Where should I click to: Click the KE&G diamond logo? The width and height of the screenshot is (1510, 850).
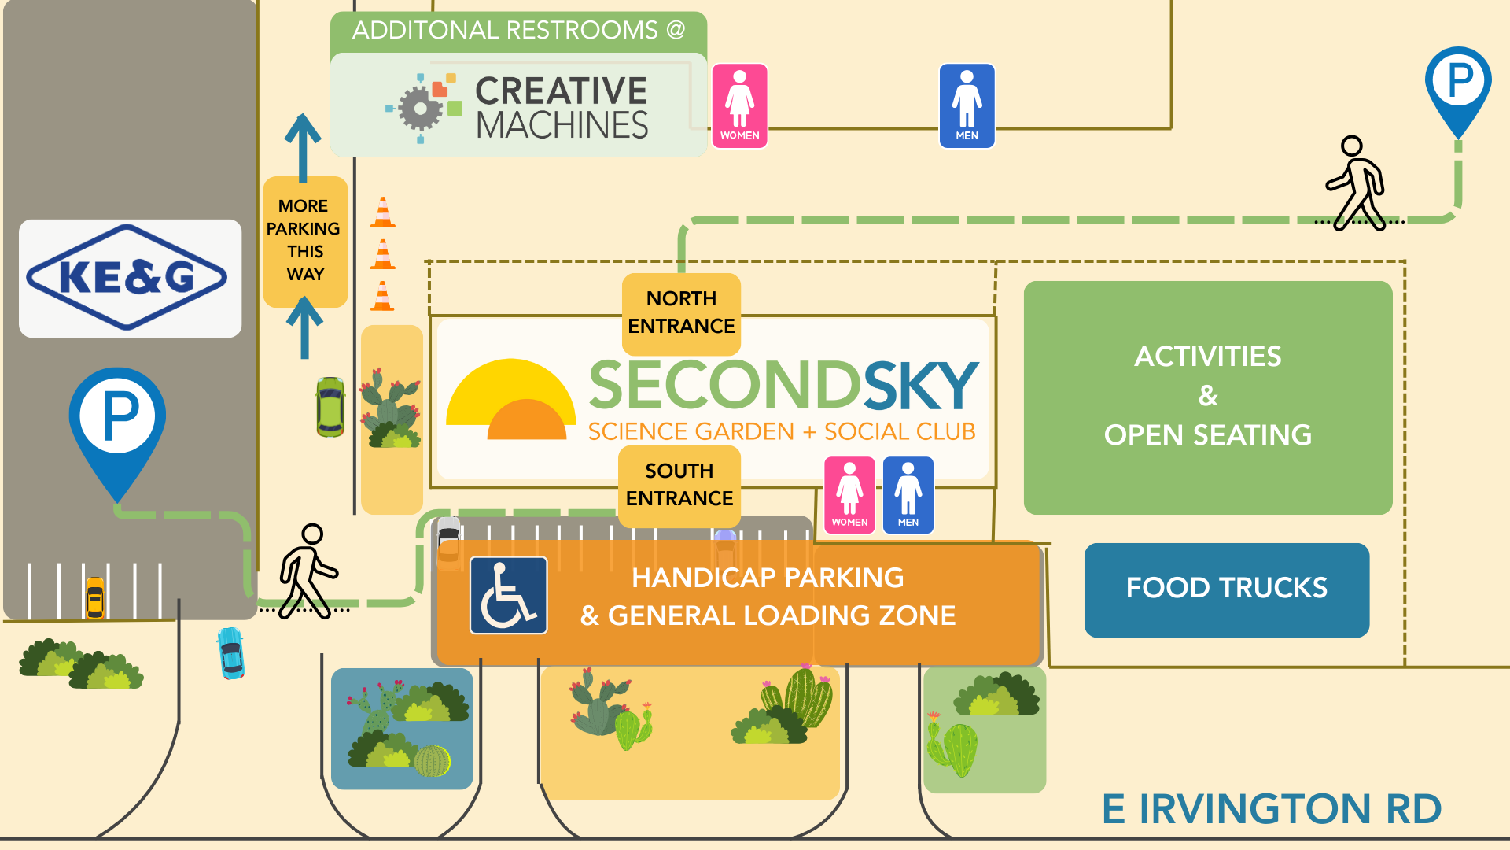tap(127, 277)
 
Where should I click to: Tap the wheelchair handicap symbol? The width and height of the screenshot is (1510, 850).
tap(508, 595)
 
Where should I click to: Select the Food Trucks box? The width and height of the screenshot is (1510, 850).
tap(1226, 589)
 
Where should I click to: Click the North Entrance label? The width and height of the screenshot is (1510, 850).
tap(681, 312)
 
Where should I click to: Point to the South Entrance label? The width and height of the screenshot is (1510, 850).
tap(679, 485)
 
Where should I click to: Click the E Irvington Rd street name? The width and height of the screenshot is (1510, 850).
tap(1272, 809)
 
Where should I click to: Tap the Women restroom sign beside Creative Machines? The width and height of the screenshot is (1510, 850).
tap(739, 105)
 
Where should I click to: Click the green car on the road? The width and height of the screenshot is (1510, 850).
tap(330, 406)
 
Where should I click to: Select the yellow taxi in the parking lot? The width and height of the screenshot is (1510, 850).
tap(94, 598)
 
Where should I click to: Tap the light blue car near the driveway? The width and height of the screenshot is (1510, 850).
tap(230, 652)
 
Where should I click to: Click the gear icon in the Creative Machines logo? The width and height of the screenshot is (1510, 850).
tap(421, 109)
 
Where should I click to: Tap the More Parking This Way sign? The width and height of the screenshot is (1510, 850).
tap(304, 241)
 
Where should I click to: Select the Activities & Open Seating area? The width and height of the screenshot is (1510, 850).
tap(1207, 397)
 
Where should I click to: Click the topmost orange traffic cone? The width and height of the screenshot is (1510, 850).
tap(382, 213)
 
